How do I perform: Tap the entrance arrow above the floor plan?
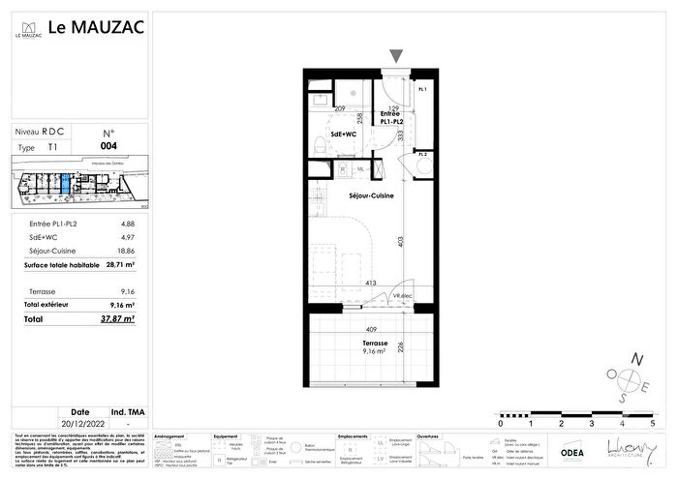click(394, 57)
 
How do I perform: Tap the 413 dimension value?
click(369, 284)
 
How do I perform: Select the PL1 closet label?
click(421, 89)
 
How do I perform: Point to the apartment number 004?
click(108, 147)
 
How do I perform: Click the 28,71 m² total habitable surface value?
click(119, 263)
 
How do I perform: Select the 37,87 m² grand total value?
click(119, 317)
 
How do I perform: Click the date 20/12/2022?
click(79, 424)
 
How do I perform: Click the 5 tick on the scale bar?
click(652, 424)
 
